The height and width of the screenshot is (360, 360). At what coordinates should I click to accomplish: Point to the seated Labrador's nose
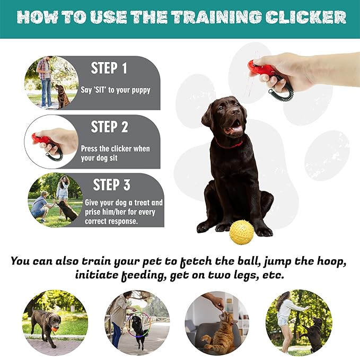[235, 111]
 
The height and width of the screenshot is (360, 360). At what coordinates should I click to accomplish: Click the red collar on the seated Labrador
[230, 144]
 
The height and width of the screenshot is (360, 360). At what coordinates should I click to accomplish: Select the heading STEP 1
[109, 68]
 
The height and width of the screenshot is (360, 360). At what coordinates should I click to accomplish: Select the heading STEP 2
[109, 127]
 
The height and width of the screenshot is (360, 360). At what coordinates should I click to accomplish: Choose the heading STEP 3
[111, 185]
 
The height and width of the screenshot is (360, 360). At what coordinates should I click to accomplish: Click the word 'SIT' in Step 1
[100, 90]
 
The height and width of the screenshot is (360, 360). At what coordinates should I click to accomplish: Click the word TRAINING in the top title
[217, 17]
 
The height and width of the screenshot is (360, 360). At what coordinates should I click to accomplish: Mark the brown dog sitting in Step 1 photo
[62, 96]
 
